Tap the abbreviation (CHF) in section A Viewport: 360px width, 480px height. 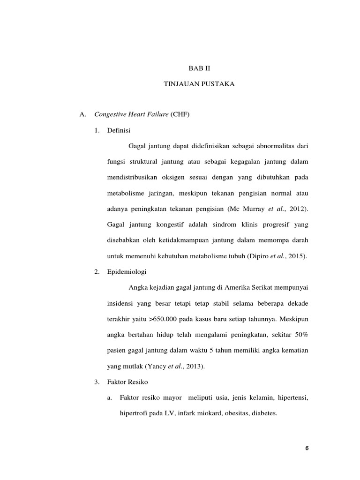click(x=180, y=114)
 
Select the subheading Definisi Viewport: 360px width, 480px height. click(x=119, y=130)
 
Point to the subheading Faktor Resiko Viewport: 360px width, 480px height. click(x=127, y=382)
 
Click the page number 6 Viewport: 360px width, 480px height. click(x=307, y=448)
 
